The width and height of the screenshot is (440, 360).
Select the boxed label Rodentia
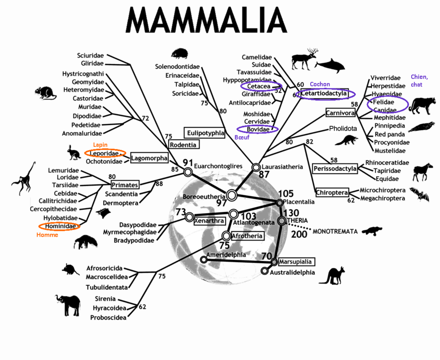coord(183,144)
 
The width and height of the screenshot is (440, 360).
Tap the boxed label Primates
coord(125,185)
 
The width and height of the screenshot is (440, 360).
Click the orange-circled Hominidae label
coord(60,226)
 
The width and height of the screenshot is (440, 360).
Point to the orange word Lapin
coord(100,144)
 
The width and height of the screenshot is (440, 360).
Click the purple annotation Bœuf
coord(242,137)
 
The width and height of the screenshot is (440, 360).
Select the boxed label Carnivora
coord(341,113)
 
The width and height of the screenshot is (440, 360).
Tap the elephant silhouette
coord(68,305)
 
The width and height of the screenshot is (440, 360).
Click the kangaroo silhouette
coord(332,276)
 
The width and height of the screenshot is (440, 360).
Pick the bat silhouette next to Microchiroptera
coord(419,194)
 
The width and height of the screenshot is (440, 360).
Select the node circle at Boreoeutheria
coord(232,195)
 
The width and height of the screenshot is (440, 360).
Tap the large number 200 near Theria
coord(299,234)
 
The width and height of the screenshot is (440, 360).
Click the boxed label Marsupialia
coord(296,262)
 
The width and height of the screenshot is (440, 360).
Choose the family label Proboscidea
coord(108,318)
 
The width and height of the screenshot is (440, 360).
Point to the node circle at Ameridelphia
coord(204,260)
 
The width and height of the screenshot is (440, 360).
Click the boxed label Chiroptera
coord(332,192)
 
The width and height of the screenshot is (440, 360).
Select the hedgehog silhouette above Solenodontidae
coord(180,53)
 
